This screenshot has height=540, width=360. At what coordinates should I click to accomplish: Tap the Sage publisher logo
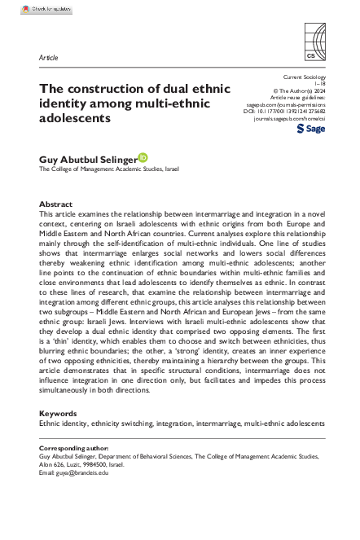point(311,130)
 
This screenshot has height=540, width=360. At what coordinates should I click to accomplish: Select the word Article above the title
point(48,59)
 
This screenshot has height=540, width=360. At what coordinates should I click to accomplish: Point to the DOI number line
point(285,112)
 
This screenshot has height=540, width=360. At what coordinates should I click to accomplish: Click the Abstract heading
point(55,204)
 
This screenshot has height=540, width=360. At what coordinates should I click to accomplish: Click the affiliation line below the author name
point(109,169)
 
